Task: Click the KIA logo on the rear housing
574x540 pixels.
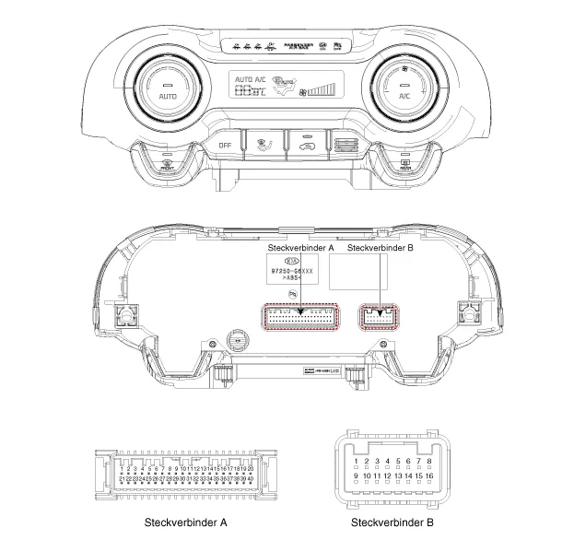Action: (x=287, y=261)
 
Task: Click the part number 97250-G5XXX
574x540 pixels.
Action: (x=287, y=272)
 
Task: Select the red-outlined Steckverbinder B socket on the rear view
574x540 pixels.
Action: (x=378, y=318)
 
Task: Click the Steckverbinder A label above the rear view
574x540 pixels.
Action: (x=300, y=248)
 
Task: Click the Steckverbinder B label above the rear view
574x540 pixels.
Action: (x=380, y=248)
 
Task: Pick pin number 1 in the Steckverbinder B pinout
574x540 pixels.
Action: (x=356, y=461)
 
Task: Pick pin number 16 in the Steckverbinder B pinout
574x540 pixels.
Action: (x=429, y=476)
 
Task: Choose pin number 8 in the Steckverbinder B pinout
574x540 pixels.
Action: (x=430, y=461)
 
